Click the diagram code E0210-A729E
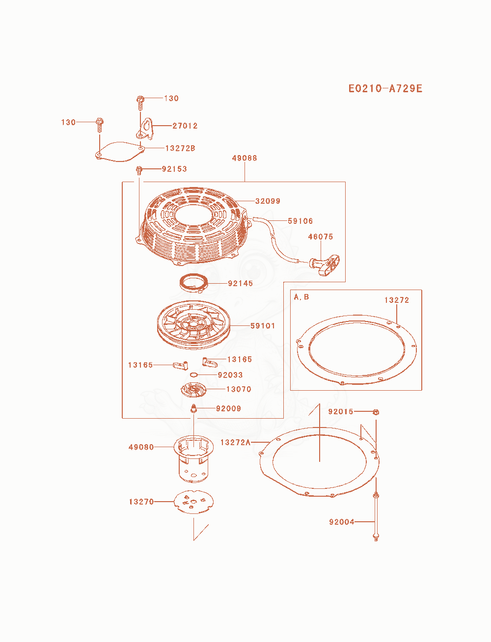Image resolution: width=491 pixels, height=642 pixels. click(x=385, y=88)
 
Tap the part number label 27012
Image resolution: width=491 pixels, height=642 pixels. click(x=185, y=126)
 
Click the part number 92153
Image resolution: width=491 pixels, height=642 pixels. click(x=174, y=169)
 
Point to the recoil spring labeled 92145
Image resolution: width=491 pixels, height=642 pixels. click(x=193, y=283)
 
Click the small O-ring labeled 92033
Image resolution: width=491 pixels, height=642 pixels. click(x=194, y=375)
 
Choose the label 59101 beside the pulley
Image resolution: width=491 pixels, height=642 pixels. click(x=263, y=326)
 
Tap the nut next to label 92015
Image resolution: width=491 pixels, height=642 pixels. click(x=376, y=412)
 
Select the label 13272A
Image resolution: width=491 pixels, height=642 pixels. click(x=236, y=442)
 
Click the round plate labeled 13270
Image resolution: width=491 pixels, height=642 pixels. click(x=193, y=502)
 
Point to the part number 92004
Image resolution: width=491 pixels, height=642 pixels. click(x=341, y=522)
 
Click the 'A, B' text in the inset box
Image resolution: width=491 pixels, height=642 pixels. click(x=301, y=297)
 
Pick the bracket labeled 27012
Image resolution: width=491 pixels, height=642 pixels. click(x=144, y=129)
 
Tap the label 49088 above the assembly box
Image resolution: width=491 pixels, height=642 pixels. click(x=245, y=158)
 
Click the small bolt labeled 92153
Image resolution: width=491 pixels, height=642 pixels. click(x=139, y=170)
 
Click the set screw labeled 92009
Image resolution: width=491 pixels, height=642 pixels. click(x=193, y=408)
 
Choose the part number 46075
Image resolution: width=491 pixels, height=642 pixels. click(x=321, y=237)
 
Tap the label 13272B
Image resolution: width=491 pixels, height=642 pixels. click(x=180, y=148)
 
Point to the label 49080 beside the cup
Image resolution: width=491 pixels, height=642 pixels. click(x=141, y=447)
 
